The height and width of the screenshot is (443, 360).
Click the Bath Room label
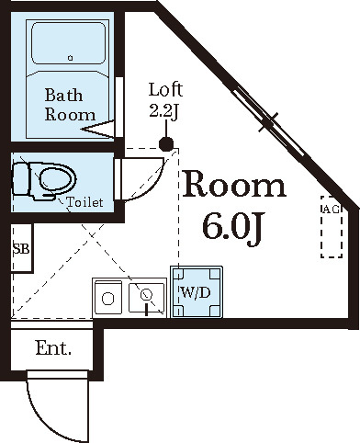[70, 105]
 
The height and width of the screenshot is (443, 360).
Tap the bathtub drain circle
[71, 58]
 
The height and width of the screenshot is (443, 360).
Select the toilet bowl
[57, 179]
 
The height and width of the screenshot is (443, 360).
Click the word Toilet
[84, 202]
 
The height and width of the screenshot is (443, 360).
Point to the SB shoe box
[22, 248]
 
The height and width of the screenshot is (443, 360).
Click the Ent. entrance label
[53, 348]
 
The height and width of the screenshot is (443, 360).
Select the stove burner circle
[107, 299]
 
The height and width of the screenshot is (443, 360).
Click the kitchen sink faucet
[146, 301]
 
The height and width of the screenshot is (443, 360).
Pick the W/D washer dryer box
[197, 292]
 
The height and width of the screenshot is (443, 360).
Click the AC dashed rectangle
[332, 227]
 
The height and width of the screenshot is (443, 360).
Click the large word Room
[234, 184]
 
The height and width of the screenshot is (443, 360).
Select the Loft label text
[165, 89]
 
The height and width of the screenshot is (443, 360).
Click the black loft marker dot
[166, 144]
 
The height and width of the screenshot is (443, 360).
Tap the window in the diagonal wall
[269, 120]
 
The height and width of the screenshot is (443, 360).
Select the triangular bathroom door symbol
[98, 130]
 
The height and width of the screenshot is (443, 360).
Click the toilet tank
[21, 179]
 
